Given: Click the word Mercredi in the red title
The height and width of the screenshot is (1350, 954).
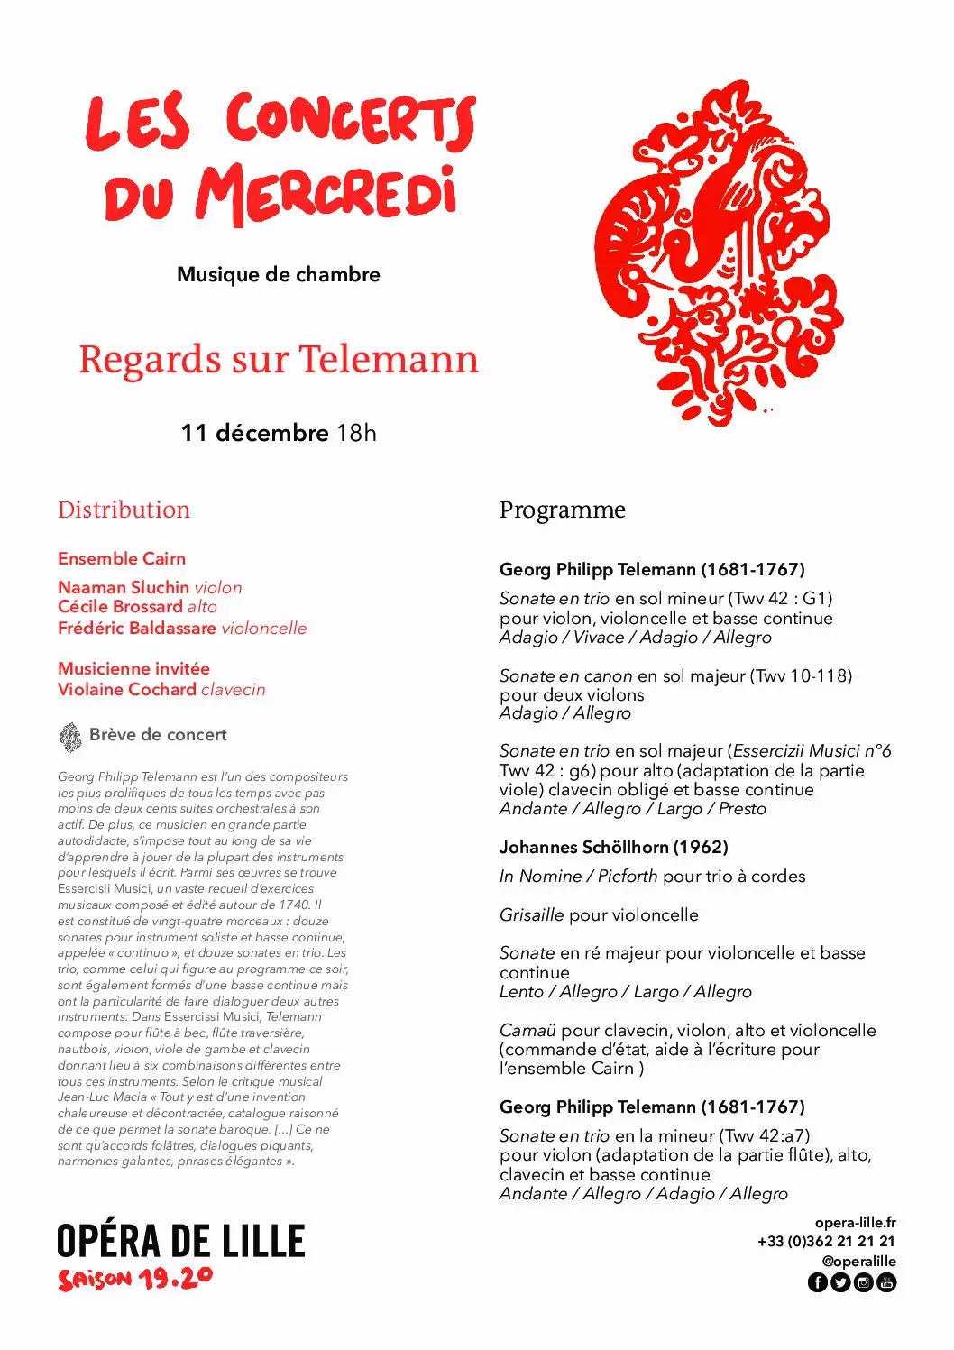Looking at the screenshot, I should (x=326, y=194).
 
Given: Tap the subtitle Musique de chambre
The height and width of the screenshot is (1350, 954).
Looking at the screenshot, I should (x=278, y=274).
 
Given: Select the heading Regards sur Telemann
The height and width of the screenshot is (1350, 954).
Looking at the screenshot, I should (x=278, y=359).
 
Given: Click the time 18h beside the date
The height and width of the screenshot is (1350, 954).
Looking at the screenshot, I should (x=356, y=433).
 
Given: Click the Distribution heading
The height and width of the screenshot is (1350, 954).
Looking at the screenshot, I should (x=124, y=510).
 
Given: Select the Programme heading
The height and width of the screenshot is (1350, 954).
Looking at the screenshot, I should (x=562, y=510).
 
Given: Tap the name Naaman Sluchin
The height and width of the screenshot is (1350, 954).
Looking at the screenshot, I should (x=124, y=587).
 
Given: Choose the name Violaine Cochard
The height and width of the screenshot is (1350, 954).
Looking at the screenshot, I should (x=127, y=689).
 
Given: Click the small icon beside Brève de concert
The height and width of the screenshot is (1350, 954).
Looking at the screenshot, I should (x=69, y=736).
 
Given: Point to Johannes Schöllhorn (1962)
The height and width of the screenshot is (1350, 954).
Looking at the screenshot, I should (x=613, y=847).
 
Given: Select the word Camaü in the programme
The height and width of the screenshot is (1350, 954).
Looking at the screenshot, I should (x=527, y=1030).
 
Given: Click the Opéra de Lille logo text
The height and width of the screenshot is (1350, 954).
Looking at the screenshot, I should (x=181, y=1241).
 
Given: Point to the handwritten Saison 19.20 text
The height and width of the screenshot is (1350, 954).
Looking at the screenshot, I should (x=135, y=1279).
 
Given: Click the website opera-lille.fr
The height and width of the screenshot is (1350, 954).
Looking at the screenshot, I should (x=855, y=1222).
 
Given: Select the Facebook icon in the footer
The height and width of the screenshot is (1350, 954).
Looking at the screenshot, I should (x=817, y=1282).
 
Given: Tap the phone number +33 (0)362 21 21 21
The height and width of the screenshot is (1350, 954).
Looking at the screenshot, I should (x=826, y=1241).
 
